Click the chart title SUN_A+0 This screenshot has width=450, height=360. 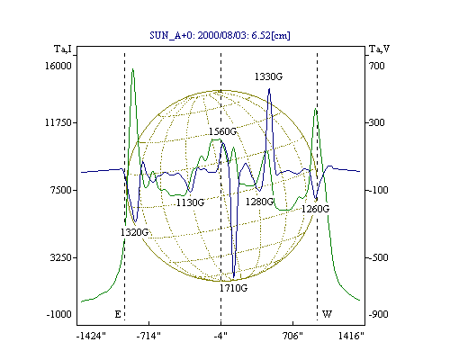[x=220, y=35]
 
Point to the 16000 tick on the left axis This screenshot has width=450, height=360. [x=58, y=66]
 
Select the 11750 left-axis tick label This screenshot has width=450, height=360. [x=58, y=122]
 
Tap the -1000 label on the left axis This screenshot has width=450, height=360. [x=59, y=314]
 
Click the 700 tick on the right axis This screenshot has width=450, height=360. [x=376, y=66]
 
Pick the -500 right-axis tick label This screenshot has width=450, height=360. [x=378, y=257]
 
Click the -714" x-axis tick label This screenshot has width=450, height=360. [x=148, y=336]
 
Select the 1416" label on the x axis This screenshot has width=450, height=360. [x=351, y=336]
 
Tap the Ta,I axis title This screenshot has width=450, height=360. [x=63, y=49]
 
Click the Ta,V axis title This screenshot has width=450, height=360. [x=380, y=49]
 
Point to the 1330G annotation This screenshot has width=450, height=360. [x=268, y=76]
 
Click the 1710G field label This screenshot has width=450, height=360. [x=233, y=288]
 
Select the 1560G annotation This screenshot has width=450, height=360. [x=222, y=131]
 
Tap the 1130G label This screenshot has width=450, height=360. [x=190, y=202]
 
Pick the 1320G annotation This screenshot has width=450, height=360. [x=134, y=232]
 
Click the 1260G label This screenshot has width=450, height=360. [x=315, y=209]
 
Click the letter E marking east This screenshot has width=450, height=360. [x=118, y=314]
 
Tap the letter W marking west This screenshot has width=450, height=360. [x=327, y=314]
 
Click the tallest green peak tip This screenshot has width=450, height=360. [x=132, y=69]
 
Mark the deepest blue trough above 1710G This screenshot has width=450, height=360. [x=234, y=277]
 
